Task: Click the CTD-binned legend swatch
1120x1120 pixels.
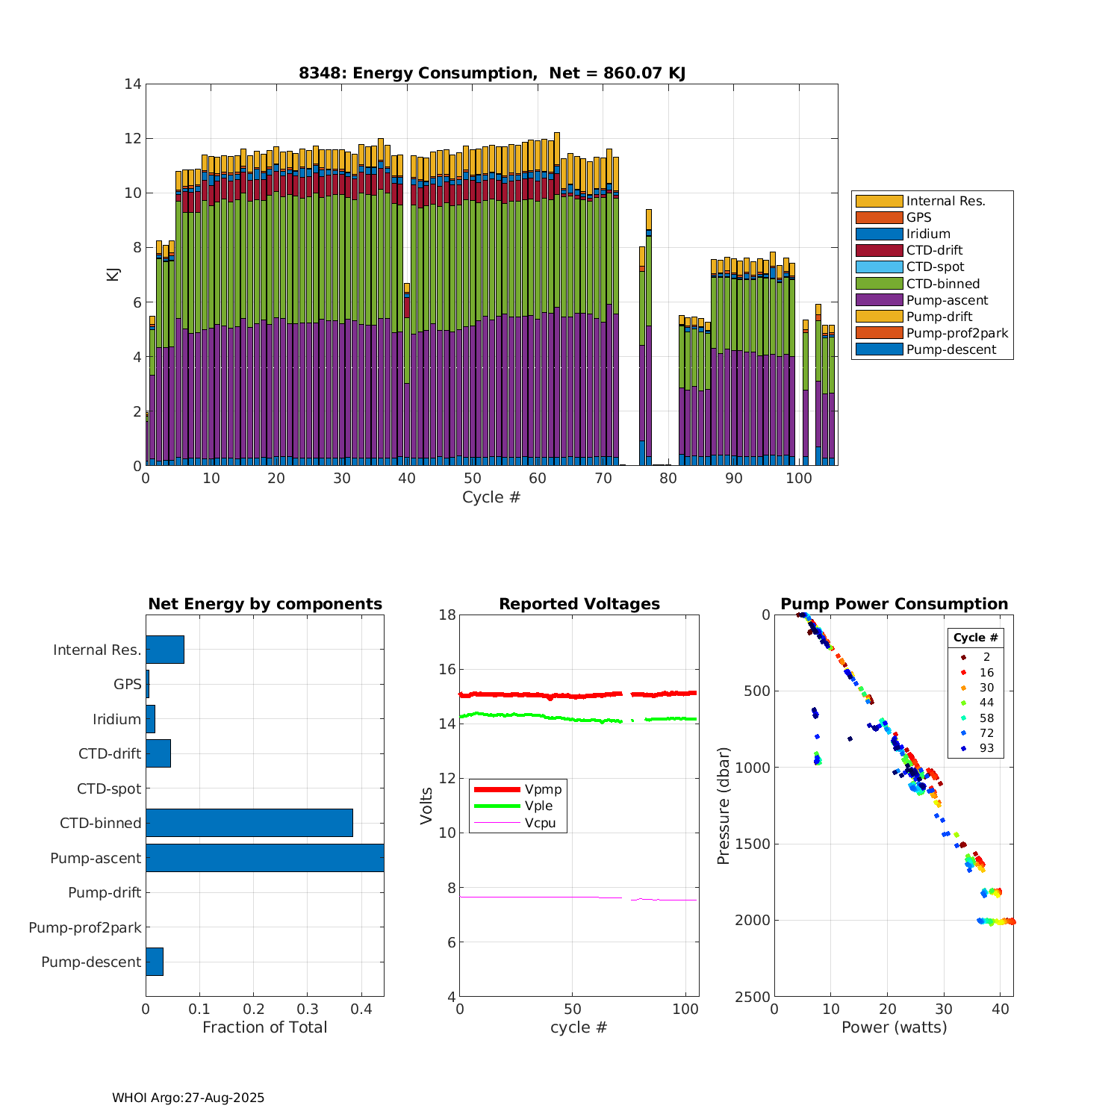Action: pos(879,284)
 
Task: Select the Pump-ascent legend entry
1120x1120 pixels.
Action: pos(947,300)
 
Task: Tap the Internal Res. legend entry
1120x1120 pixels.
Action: pos(945,201)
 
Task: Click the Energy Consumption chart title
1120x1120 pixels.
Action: pos(492,73)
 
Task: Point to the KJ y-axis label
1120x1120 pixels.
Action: pos(113,274)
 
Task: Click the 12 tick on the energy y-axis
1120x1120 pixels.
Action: pos(133,139)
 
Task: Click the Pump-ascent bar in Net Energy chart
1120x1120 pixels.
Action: pos(264,858)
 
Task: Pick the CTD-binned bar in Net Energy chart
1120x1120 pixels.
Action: pos(249,823)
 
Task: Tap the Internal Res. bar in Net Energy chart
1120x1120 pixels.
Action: pos(165,650)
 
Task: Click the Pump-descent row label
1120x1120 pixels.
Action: pos(91,962)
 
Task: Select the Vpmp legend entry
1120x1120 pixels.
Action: pos(543,789)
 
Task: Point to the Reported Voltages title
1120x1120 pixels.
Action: pos(579,604)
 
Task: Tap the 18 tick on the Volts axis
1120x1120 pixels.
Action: pos(447,615)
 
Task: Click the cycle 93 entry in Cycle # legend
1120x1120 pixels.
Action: pos(986,748)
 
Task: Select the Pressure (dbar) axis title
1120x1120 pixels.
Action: pos(723,806)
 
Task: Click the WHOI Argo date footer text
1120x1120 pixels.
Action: pos(188,1098)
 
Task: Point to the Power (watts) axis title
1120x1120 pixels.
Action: pos(894,1027)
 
